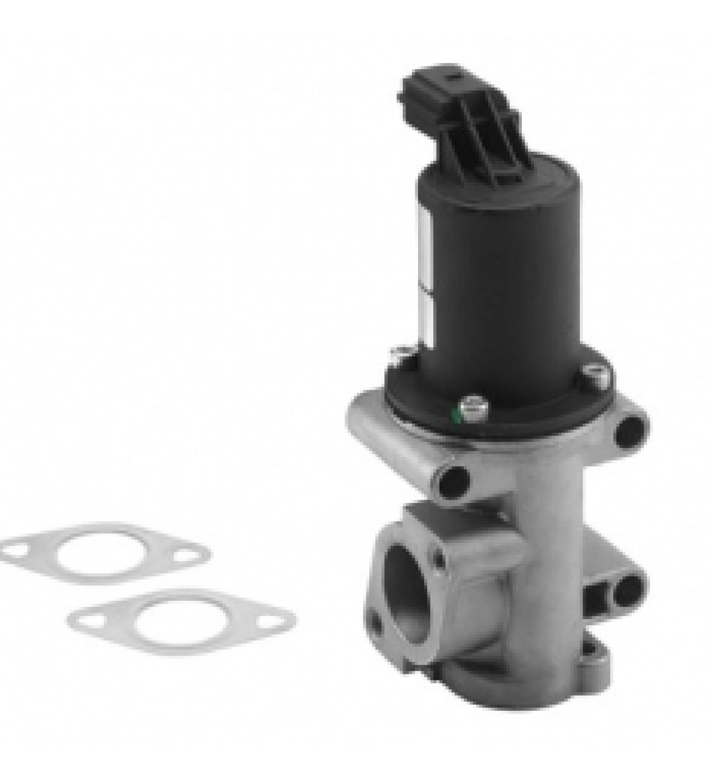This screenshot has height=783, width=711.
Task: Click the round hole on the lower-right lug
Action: (630, 586)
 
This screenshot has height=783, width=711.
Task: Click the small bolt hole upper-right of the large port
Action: (438, 559)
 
